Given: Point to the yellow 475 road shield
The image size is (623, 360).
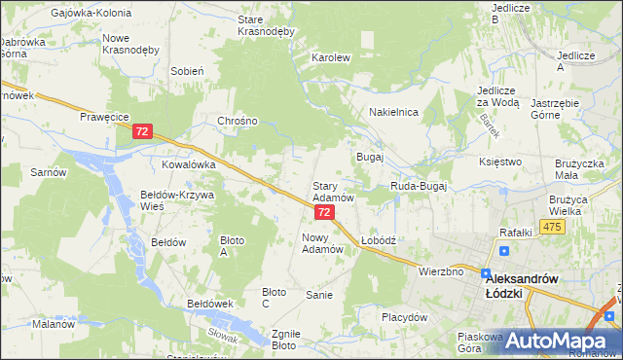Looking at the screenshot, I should point(553,227).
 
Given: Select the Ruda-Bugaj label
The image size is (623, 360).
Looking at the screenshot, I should point(418,185).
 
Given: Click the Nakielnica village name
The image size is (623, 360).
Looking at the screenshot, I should point(393,112).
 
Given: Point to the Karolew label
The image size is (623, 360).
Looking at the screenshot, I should point(330,57).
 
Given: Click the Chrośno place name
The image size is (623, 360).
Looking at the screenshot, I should point(238,121).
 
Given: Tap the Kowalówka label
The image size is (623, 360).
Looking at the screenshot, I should point(188,165).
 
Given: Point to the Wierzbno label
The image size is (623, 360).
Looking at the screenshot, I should point(440,271).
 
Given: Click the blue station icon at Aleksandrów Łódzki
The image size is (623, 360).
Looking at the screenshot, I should point(485,274).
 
